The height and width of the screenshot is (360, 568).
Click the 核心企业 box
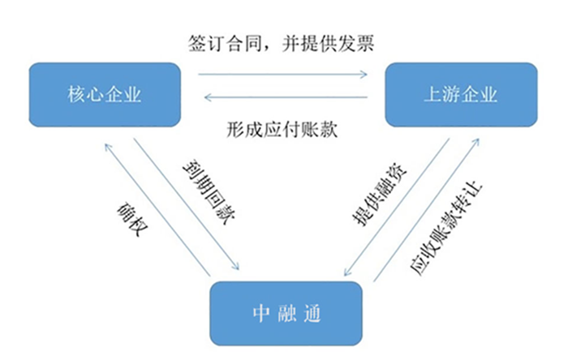103,95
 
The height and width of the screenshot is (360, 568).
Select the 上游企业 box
460,95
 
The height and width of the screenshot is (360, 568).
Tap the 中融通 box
287,311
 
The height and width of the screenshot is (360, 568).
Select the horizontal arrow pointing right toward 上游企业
285,74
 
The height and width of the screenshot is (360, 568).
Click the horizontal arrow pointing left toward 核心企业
285,98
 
